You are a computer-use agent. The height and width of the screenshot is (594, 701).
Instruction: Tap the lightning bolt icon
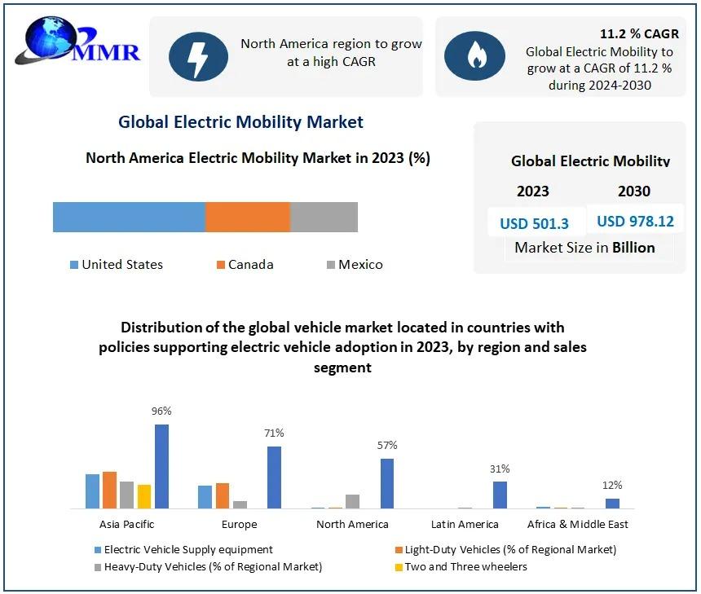(198, 55)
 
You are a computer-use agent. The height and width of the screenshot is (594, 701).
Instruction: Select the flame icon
(474, 55)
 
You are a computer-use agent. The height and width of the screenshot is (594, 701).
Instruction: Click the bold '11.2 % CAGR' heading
(639, 34)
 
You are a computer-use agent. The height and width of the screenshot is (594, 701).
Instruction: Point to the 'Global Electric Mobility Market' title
(240, 122)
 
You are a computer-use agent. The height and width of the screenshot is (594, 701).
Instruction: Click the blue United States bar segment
(129, 218)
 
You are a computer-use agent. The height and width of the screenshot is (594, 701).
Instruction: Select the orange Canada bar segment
(247, 218)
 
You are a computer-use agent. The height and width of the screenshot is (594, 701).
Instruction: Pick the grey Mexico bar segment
(324, 218)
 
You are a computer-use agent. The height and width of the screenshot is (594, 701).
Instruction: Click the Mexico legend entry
(355, 264)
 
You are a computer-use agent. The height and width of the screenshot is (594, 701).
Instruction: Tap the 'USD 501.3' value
(534, 223)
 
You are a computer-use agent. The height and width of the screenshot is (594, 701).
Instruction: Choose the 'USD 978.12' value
(635, 221)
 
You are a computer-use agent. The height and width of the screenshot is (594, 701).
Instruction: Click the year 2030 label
(634, 191)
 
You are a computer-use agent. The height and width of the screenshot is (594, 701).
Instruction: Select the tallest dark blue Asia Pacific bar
(161, 466)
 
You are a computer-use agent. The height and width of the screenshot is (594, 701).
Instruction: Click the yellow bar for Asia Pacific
(144, 496)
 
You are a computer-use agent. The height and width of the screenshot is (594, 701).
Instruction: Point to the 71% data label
(274, 433)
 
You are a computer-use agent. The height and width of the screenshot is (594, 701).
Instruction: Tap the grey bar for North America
(352, 501)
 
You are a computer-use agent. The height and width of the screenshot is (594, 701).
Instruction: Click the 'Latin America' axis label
(465, 524)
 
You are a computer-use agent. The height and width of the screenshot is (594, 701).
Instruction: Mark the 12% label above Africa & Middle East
(612, 486)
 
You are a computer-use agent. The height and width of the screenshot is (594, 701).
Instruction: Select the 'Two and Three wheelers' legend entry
(465, 566)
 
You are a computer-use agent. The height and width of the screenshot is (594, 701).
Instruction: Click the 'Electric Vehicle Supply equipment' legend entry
(187, 549)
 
